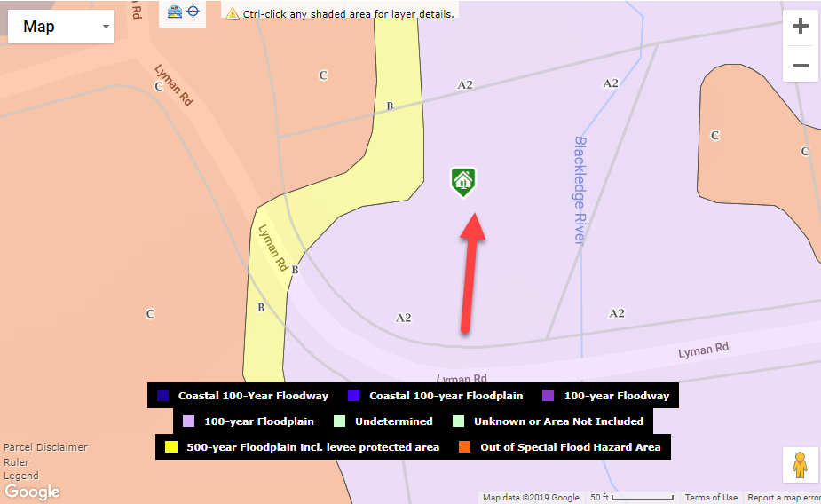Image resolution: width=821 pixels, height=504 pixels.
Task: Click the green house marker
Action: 462,181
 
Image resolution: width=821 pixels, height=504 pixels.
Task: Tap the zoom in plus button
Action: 800,27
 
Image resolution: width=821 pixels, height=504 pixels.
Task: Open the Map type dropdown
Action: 61,27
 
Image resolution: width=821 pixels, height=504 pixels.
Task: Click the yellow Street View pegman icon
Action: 800,465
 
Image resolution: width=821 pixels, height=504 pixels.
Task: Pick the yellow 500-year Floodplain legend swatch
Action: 171,447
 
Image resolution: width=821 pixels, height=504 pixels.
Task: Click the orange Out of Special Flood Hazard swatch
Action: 465,447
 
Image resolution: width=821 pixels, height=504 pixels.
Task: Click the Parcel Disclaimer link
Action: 45,447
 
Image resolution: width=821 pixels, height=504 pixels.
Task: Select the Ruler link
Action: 16,462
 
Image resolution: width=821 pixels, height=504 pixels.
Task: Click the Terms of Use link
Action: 711,498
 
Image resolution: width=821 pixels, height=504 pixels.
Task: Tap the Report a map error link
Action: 784,498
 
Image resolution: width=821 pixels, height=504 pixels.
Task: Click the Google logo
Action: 32,492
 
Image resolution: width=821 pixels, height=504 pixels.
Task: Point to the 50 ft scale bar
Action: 631,498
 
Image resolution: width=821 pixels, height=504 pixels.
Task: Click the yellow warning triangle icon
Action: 233,13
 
